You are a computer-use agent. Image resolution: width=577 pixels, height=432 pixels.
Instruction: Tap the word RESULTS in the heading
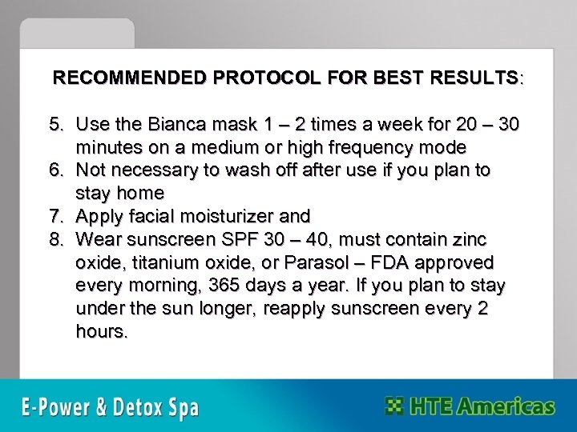pyautogui.click(x=473, y=79)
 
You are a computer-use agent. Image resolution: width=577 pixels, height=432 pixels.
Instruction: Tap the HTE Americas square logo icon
pyautogui.click(x=395, y=406)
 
